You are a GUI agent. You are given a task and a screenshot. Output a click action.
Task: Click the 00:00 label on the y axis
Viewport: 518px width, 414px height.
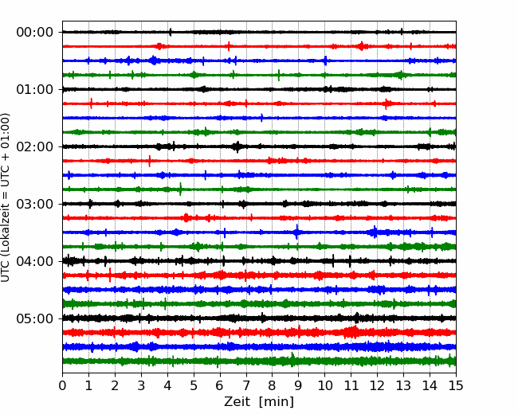pos(35,33)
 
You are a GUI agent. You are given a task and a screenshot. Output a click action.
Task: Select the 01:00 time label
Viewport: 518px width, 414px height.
pos(35,89)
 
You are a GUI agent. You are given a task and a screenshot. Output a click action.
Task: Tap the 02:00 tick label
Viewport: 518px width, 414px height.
pos(35,146)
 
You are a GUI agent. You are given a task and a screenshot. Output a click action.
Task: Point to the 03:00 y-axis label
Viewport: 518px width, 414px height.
pos(35,204)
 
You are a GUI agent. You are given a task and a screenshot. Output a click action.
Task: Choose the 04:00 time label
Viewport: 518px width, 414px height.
pos(35,261)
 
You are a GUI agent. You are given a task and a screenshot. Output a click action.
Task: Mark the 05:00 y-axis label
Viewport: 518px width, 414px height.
pos(35,318)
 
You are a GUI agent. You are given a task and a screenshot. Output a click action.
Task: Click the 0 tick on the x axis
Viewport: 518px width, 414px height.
pos(62,385)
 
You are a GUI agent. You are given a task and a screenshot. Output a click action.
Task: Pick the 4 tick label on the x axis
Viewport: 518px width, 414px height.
pos(167,385)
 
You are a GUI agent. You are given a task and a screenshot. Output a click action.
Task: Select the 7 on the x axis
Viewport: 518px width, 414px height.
pos(246,385)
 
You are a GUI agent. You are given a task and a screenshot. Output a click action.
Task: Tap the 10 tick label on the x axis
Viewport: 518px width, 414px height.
pos(324,385)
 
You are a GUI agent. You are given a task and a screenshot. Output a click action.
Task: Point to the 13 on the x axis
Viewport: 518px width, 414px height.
pos(403,385)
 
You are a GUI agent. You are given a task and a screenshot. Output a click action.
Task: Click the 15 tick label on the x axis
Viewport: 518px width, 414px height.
pos(456,385)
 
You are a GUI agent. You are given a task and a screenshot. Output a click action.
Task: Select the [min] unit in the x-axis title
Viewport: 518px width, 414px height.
pos(277,402)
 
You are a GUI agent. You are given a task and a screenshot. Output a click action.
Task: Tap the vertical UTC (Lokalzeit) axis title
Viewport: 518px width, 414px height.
pos(5,197)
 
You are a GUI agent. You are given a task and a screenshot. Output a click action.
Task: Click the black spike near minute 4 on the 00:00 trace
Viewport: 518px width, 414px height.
pos(170,32)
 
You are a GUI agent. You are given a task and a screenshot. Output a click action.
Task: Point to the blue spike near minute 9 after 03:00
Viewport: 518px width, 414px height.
pos(296,232)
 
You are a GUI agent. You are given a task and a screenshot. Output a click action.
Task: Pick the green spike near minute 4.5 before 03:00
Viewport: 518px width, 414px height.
pos(180,189)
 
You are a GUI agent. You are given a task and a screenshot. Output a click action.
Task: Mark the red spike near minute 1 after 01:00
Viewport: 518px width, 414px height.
pos(91,103)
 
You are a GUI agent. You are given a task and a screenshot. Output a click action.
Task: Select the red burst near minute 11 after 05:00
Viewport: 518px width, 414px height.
pos(351,332)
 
